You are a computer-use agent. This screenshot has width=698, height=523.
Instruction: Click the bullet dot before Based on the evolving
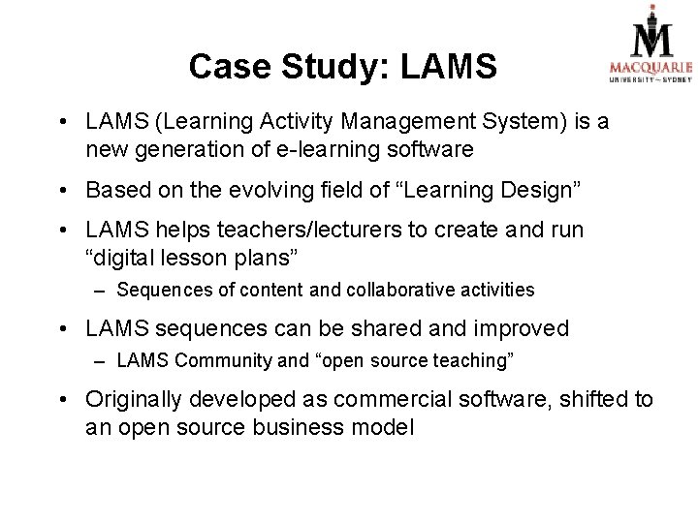pos(61,191)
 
